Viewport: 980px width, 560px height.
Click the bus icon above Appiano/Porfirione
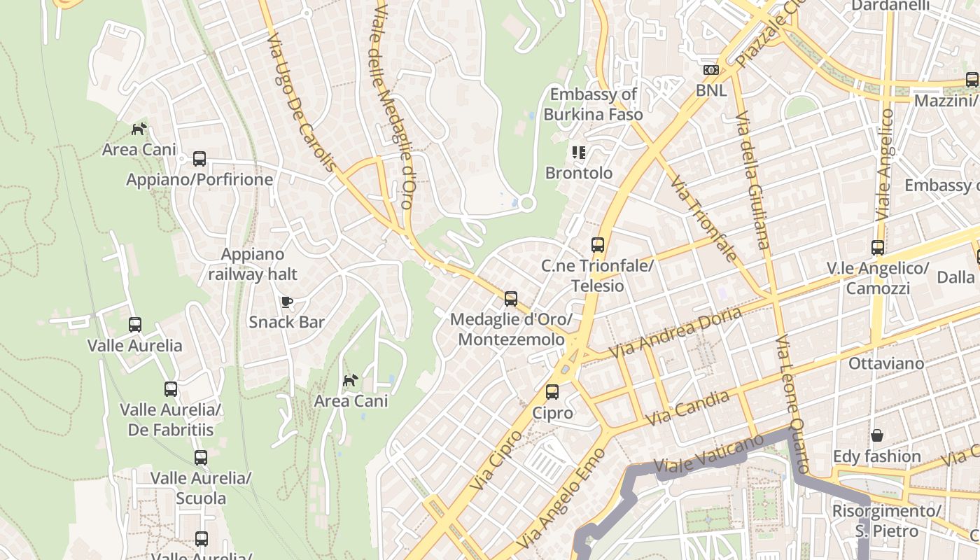coord(199,159)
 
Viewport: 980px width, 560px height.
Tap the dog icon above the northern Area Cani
coord(139,129)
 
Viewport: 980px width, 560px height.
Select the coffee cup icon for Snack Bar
coord(286,302)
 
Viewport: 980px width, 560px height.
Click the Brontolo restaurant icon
coord(578,152)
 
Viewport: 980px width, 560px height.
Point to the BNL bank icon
coord(711,70)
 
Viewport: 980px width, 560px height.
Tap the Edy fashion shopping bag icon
coord(876,435)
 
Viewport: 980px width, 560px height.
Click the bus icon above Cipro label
coord(552,392)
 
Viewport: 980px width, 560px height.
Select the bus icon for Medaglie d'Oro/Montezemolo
coord(511,299)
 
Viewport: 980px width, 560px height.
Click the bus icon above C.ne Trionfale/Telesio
coord(597,245)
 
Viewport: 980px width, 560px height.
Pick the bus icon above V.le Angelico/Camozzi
coord(878,247)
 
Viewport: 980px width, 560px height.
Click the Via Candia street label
coord(689,408)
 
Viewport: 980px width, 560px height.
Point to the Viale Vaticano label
coord(708,454)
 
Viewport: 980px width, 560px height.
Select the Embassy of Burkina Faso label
coord(593,104)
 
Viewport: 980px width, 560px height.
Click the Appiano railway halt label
coord(253,264)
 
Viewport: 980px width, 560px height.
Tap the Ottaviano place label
coord(886,363)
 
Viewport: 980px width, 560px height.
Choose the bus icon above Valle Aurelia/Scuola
coord(201,458)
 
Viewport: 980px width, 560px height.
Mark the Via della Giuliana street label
coord(752,180)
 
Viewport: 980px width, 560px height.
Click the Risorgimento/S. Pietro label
coord(885,521)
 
